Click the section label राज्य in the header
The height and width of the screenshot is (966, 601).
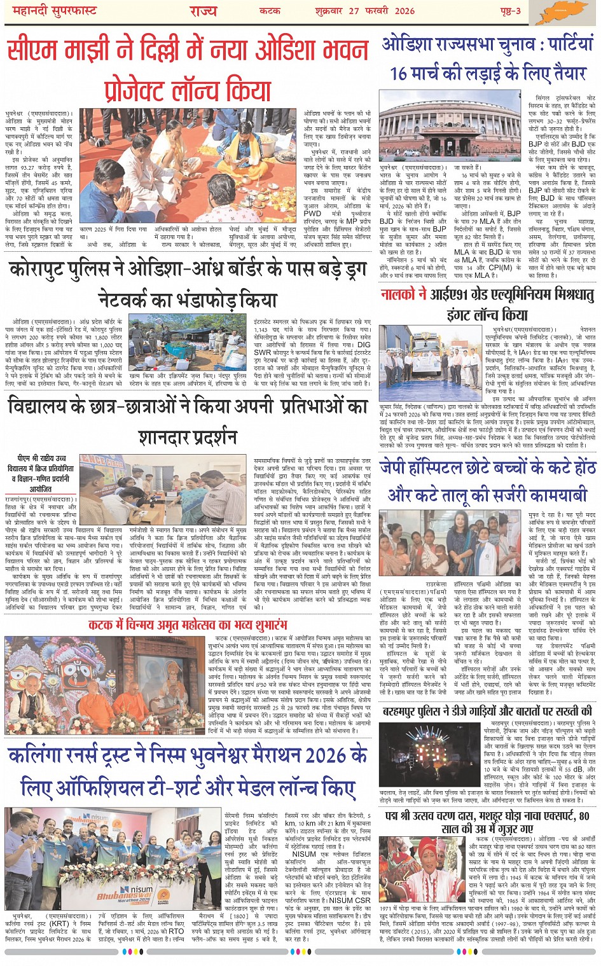pyautogui.click(x=203, y=10)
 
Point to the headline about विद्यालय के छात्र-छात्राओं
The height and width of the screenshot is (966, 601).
pyautogui.click(x=189, y=420)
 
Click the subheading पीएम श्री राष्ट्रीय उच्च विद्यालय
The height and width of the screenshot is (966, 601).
pyautogui.click(x=43, y=473)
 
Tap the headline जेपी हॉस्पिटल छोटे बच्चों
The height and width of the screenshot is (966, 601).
pyautogui.click(x=487, y=481)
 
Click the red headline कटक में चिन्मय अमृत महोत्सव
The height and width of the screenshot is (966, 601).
pyautogui.click(x=189, y=625)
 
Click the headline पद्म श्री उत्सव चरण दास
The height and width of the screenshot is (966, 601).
pyautogui.click(x=487, y=822)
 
